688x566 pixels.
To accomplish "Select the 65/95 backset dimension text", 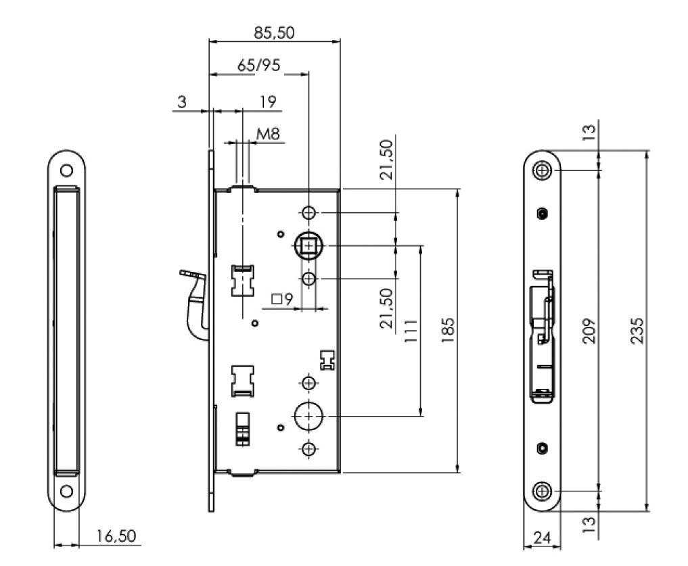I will pos(258,66).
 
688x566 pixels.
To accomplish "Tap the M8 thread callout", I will pos(268,134).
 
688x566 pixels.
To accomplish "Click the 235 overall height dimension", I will pos(637,331).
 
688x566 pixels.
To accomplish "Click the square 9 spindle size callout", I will pos(281,299).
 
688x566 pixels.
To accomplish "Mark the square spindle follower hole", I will pos(309,245).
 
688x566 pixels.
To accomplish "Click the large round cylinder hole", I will pos(308,417).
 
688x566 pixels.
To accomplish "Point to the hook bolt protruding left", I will pos(195,298).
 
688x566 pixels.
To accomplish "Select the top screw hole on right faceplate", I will pos(543,170).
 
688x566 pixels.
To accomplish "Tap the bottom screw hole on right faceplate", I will pos(543,491).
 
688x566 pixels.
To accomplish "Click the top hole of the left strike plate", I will pos(68,170).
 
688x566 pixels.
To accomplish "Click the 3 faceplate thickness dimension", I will pos(181,103).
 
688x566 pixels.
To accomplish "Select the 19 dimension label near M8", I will pos(268,103).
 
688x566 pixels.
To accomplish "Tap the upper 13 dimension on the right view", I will pos(588,131).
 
